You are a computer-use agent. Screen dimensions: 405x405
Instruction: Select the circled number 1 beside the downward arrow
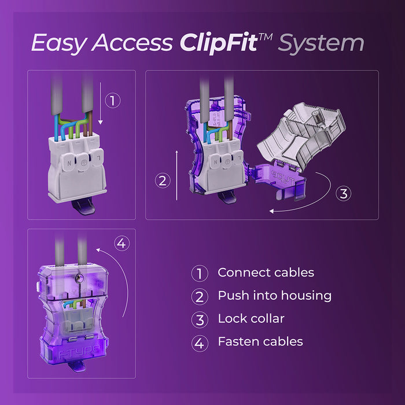coord(114,100)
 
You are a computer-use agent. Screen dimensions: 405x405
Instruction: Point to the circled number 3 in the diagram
coord(343,194)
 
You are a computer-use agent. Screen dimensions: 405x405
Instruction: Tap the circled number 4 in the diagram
coord(121,244)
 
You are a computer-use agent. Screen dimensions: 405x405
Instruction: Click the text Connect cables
coord(266,273)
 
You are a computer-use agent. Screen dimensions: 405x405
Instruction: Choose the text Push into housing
coord(274,296)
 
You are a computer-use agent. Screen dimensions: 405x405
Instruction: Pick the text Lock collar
coord(251,319)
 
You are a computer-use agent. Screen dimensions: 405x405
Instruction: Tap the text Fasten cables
coord(260,342)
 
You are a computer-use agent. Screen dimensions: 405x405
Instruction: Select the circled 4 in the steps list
coord(200,343)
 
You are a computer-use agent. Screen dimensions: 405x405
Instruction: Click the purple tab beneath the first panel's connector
coord(82,209)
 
